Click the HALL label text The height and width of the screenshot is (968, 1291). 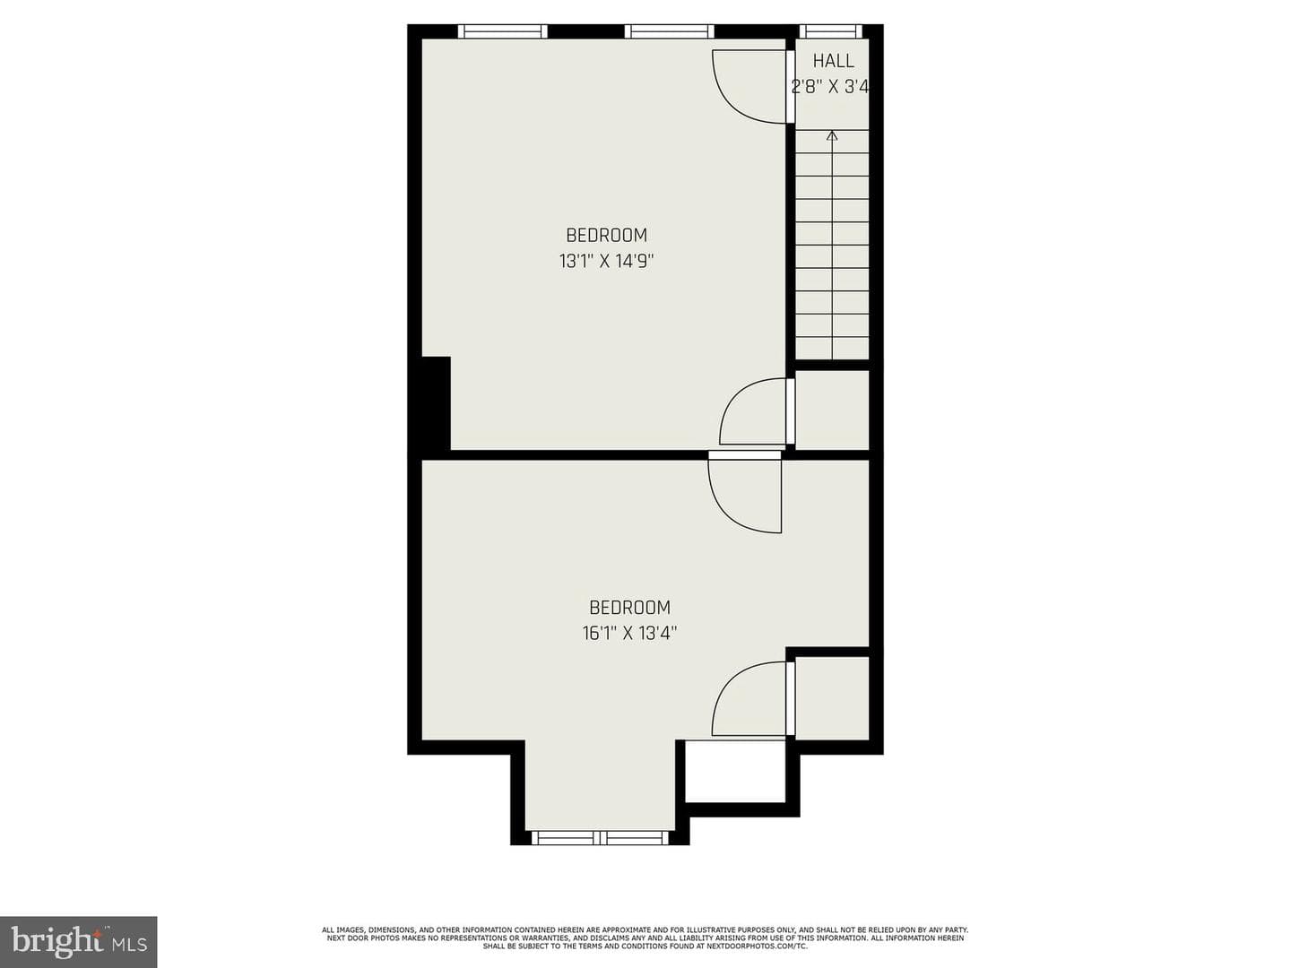833,61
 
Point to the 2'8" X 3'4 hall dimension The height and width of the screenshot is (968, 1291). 830,87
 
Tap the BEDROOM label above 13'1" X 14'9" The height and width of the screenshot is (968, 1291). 606,235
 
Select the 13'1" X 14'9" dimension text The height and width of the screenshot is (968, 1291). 606,261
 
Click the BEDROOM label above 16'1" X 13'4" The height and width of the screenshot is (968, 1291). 629,607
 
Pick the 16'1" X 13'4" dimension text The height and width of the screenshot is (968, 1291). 629,633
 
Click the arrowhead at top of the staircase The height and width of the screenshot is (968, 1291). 832,135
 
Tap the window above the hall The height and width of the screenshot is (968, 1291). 830,31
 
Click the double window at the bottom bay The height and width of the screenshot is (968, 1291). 600,837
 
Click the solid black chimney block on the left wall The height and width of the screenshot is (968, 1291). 436,403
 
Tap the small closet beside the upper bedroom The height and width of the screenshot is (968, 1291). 832,410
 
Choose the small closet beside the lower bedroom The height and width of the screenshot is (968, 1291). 832,698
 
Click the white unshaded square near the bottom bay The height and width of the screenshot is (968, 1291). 735,771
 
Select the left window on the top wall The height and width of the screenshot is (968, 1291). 503,31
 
